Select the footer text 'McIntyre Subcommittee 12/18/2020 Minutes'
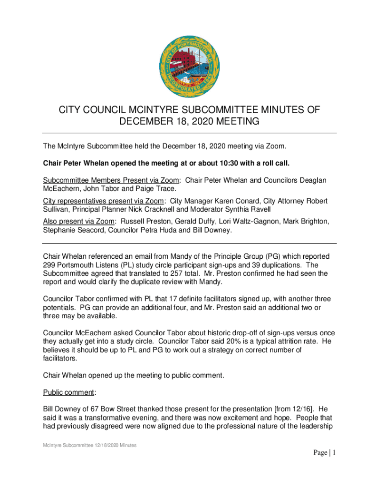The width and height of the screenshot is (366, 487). [x=90, y=445]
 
